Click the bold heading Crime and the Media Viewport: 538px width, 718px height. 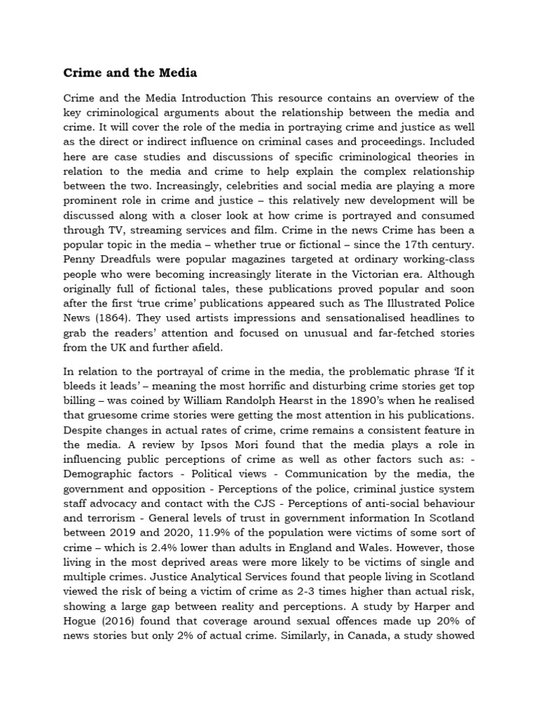pyautogui.click(x=130, y=72)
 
